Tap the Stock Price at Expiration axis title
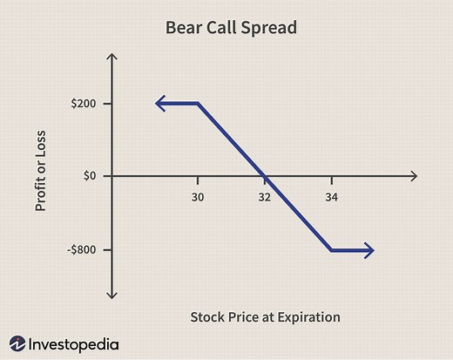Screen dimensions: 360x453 [x=264, y=316]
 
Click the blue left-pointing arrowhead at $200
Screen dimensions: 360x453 [x=160, y=104]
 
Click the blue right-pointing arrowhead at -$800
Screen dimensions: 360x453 [x=369, y=251]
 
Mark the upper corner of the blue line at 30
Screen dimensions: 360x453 [x=199, y=104]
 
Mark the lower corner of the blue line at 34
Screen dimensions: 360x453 [x=331, y=251]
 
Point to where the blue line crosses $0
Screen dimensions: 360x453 [x=265, y=176]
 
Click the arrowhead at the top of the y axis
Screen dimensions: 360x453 [x=111, y=58]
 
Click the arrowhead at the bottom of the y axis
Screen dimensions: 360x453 [x=111, y=295]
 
